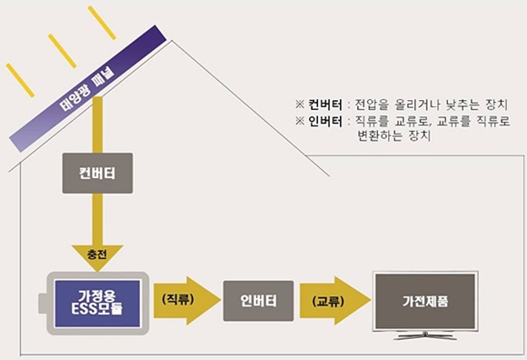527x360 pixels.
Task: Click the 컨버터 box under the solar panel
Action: [88, 173]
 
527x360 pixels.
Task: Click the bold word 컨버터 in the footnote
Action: [324, 105]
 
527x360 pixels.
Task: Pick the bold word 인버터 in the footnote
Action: [324, 122]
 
